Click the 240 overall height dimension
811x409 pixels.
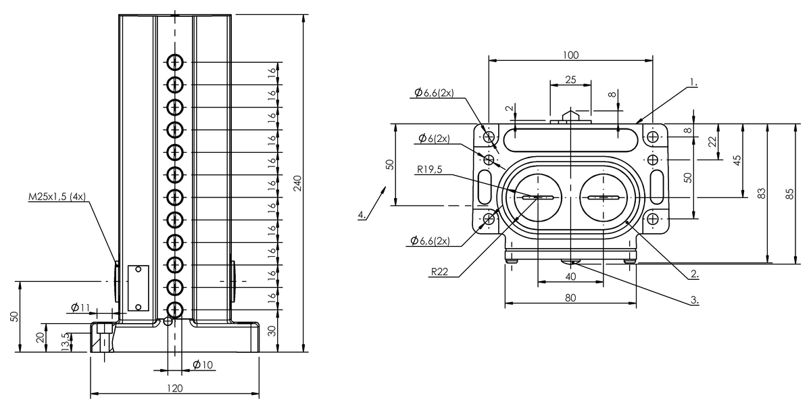tap(297, 184)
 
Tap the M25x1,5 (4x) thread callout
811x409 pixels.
tap(57, 197)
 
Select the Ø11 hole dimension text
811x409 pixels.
tap(80, 308)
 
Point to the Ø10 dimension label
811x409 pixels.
tap(203, 364)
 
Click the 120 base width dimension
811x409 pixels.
tap(175, 388)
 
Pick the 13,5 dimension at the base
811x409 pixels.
tap(66, 342)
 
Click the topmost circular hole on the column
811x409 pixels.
tap(175, 63)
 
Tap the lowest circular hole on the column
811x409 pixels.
tap(175, 310)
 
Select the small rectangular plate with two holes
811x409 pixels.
tap(139, 288)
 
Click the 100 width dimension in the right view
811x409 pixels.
tap(570, 55)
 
